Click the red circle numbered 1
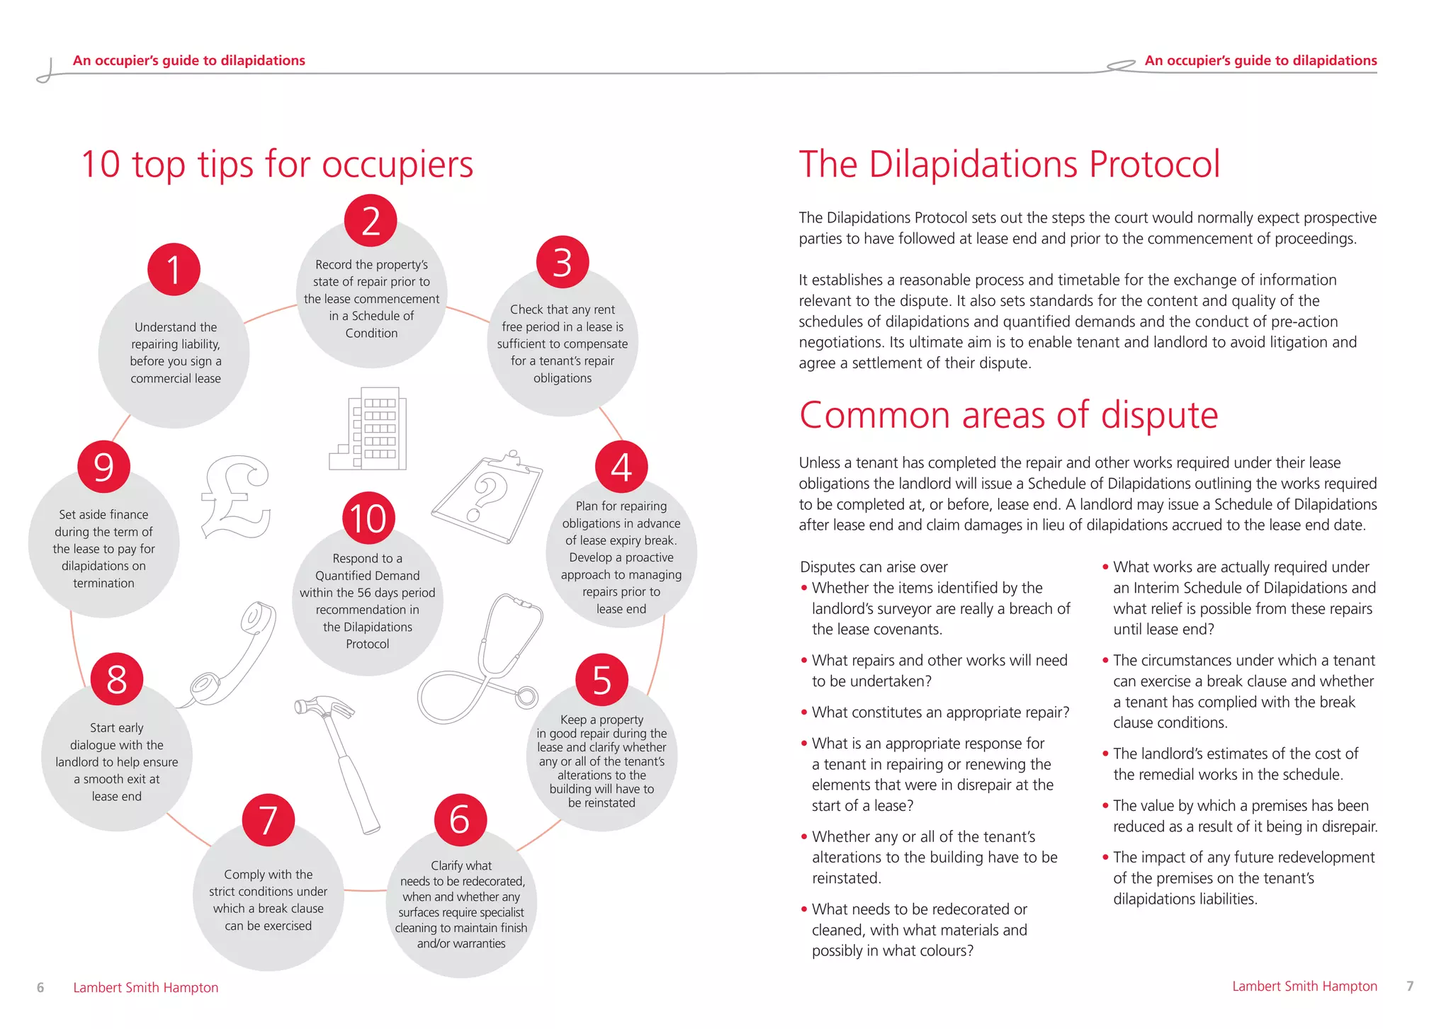point(174,270)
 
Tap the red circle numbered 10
point(368,518)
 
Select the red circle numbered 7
point(268,820)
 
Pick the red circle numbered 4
point(621,467)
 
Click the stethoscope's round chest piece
point(526,697)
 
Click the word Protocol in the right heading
point(1154,164)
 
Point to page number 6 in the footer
point(40,987)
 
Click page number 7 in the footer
point(1410,986)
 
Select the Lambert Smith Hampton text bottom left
point(145,987)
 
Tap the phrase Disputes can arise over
point(874,567)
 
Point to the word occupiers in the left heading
point(397,165)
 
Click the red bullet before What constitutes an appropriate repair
point(804,712)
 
